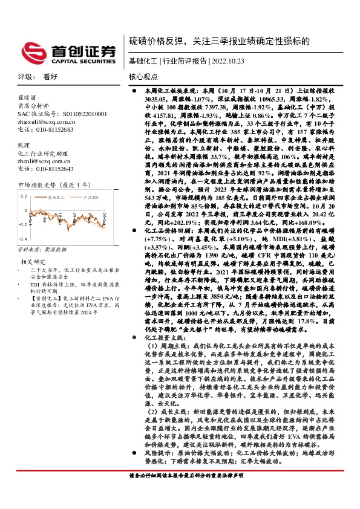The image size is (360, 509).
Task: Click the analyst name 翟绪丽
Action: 27,97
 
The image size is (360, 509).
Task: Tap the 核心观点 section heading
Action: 143,77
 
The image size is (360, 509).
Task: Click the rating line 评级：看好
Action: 37,77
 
